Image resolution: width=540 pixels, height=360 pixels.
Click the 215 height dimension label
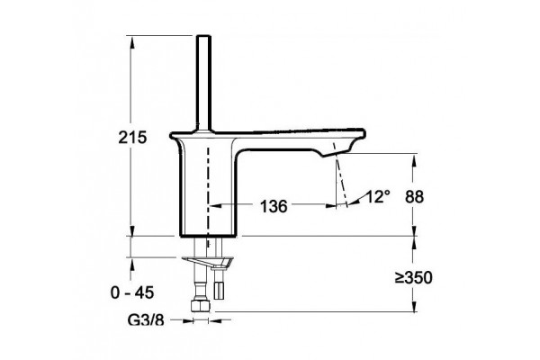click(x=132, y=138)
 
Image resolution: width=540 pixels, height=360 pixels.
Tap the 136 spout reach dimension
click(x=274, y=206)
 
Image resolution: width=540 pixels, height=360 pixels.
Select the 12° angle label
click(x=377, y=197)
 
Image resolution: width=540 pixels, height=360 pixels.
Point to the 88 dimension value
click(x=414, y=197)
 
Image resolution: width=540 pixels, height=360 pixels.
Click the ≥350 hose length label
click(x=413, y=278)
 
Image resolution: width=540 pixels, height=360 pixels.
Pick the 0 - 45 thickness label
click(x=132, y=293)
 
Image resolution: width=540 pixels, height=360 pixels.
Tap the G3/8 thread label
click(x=146, y=320)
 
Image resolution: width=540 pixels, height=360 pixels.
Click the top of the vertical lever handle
click(x=203, y=36)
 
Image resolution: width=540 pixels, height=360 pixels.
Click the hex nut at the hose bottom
click(x=201, y=306)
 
